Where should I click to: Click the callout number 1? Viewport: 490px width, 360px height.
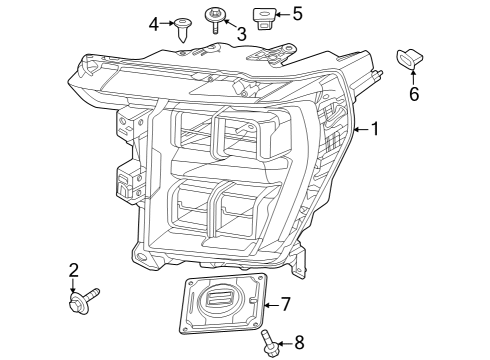[374, 128]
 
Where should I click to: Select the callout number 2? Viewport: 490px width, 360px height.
[73, 270]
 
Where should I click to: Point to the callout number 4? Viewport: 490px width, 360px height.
[154, 22]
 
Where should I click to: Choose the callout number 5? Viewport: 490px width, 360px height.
[297, 14]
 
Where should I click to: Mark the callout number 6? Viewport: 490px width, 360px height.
[413, 95]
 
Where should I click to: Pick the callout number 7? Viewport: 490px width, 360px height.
[285, 303]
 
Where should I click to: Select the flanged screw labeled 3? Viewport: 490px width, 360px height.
[215, 18]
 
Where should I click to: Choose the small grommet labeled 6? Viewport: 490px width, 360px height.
[411, 59]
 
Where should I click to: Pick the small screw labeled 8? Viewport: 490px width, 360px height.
[270, 345]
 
